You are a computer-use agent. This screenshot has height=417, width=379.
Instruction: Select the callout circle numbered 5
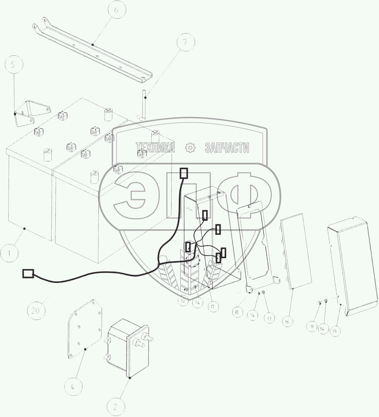pyautogui.click(x=14, y=65)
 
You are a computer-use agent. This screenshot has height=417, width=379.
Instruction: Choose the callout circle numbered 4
pyautogui.click(x=72, y=387)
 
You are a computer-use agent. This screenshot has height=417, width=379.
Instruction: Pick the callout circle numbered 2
pyautogui.click(x=115, y=407)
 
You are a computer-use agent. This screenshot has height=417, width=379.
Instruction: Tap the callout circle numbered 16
pyautogui.click(x=288, y=321)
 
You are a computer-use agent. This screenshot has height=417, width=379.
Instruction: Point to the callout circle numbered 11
pyautogui.click(x=312, y=327)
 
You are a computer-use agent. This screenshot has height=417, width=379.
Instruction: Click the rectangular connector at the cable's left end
pyautogui.click(x=28, y=273)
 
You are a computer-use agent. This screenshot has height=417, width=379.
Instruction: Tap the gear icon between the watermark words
pyautogui.click(x=190, y=148)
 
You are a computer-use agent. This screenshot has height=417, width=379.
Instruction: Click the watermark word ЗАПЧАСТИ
pyautogui.click(x=227, y=148)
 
